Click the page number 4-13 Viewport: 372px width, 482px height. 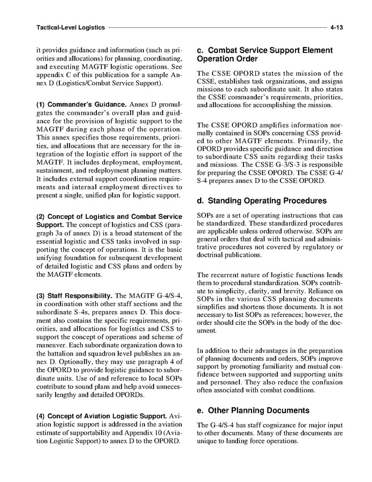click(336, 26)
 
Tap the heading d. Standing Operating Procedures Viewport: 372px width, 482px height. click(262, 201)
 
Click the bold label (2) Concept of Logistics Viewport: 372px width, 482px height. click(81, 216)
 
